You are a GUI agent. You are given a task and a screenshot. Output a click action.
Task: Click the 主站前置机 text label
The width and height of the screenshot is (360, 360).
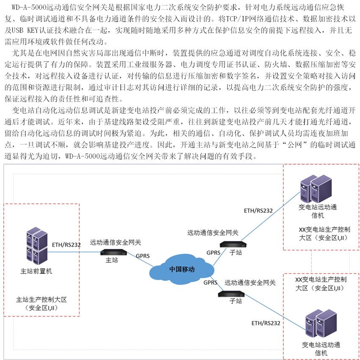[36, 271]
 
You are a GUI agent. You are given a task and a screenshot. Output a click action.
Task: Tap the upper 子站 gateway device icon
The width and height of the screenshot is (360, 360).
[232, 244]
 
